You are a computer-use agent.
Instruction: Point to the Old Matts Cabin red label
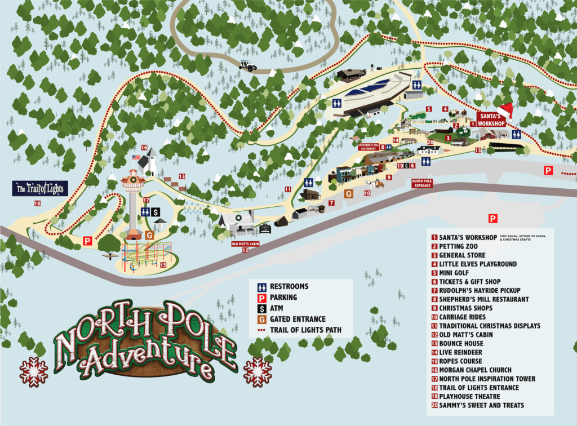click(x=245, y=243)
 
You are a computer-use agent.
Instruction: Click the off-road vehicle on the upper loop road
click(x=248, y=65)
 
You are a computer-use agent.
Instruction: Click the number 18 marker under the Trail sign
click(x=38, y=203)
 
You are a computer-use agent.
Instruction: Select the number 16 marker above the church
click(x=144, y=148)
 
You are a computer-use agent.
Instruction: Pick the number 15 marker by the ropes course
click(x=163, y=265)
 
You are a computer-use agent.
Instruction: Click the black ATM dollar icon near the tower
click(x=154, y=211)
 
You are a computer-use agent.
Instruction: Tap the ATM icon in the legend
click(x=262, y=308)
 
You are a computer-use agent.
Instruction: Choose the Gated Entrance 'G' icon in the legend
click(x=262, y=319)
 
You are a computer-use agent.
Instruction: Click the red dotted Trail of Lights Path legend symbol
click(x=262, y=330)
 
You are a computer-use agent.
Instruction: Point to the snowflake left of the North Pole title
click(x=34, y=371)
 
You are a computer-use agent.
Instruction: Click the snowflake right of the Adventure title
click(x=258, y=372)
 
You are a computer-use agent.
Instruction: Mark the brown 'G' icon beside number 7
click(x=349, y=194)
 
